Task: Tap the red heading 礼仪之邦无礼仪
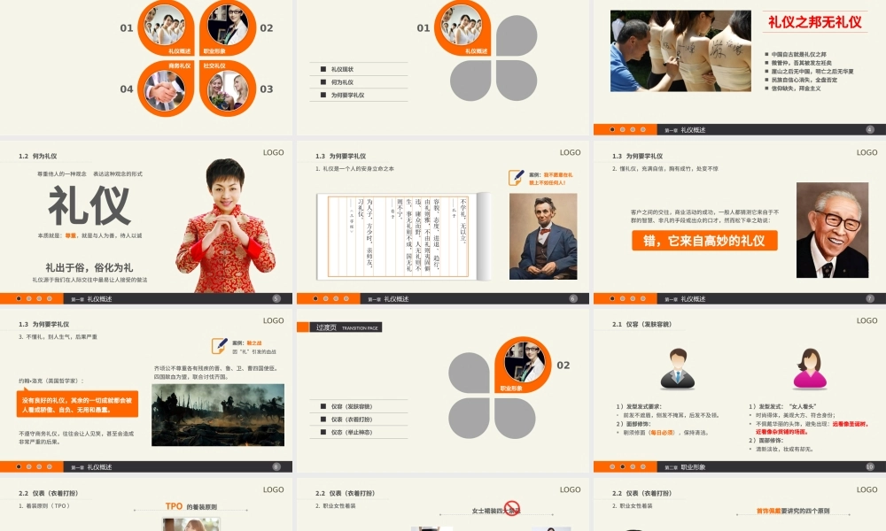[814, 23]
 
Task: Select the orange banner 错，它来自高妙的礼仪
[705, 240]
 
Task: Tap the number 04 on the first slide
[127, 88]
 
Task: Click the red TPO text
[174, 506]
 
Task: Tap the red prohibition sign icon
[512, 508]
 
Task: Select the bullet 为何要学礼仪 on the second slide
[347, 95]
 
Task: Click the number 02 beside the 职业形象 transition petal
[563, 365]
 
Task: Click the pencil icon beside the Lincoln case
[517, 177]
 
